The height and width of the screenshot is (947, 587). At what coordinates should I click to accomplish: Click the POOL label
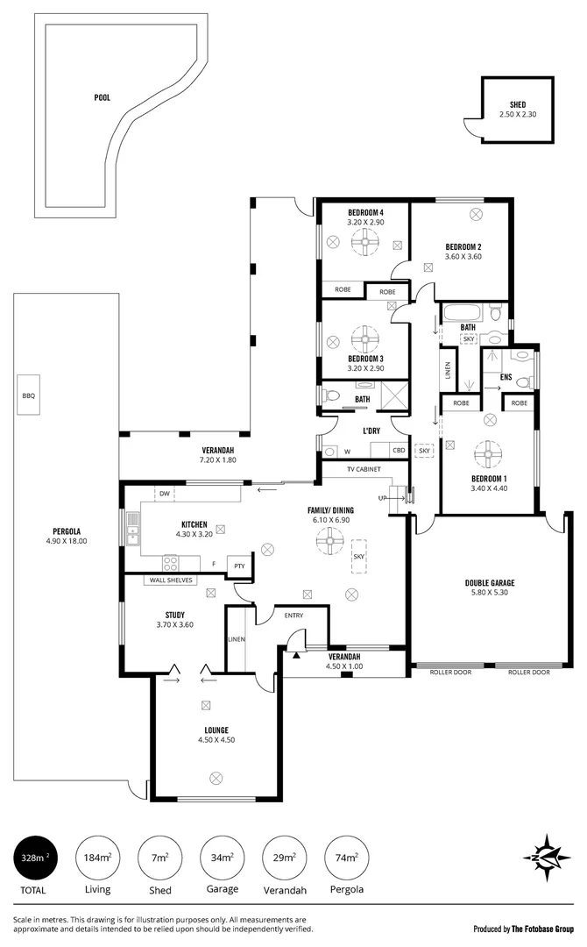[x=103, y=98]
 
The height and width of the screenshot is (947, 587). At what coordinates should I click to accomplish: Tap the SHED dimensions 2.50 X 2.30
[x=518, y=115]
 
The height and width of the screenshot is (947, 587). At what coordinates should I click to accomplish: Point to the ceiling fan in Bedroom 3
[x=364, y=338]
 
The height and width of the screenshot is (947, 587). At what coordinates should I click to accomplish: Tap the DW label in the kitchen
[x=164, y=495]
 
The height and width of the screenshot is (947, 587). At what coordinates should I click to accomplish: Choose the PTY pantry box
[x=239, y=566]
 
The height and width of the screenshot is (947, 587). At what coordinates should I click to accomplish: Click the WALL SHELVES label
[x=171, y=580]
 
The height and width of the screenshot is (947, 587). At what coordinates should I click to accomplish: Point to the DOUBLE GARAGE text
[x=489, y=582]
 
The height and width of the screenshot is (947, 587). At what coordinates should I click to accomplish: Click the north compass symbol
[x=546, y=857]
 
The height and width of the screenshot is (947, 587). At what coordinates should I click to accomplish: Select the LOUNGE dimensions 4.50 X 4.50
[x=216, y=740]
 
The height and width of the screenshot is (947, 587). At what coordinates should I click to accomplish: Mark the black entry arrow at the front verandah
[x=298, y=654]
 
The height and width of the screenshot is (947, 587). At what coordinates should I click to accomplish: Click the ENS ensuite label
[x=506, y=377]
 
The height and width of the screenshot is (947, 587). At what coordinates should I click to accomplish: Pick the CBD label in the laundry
[x=399, y=452]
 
